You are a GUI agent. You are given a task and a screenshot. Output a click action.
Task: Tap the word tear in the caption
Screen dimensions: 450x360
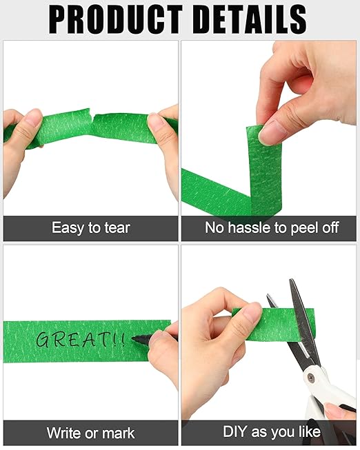click(x=116, y=227)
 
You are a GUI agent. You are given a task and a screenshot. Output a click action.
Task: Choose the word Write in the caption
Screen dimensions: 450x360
click(x=64, y=433)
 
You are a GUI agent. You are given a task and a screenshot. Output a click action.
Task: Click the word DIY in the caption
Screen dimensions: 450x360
click(x=234, y=433)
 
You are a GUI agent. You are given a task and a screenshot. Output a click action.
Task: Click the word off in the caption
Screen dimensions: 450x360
click(x=329, y=227)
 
